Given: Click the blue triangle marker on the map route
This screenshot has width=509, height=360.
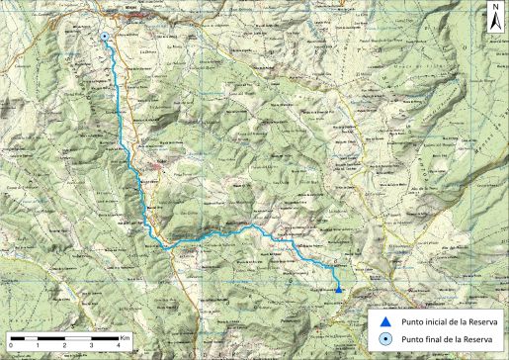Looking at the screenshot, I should coord(338,289).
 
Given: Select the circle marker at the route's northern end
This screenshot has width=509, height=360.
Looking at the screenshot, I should coord(105,38).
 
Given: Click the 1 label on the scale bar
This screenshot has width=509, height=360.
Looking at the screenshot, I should coord(38,346).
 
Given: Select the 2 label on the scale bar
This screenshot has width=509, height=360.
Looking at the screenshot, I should coord(64,346).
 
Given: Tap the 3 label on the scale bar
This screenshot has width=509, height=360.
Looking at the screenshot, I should coord(91,346).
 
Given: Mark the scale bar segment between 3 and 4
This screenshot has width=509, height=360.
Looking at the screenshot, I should coord(104,338).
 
